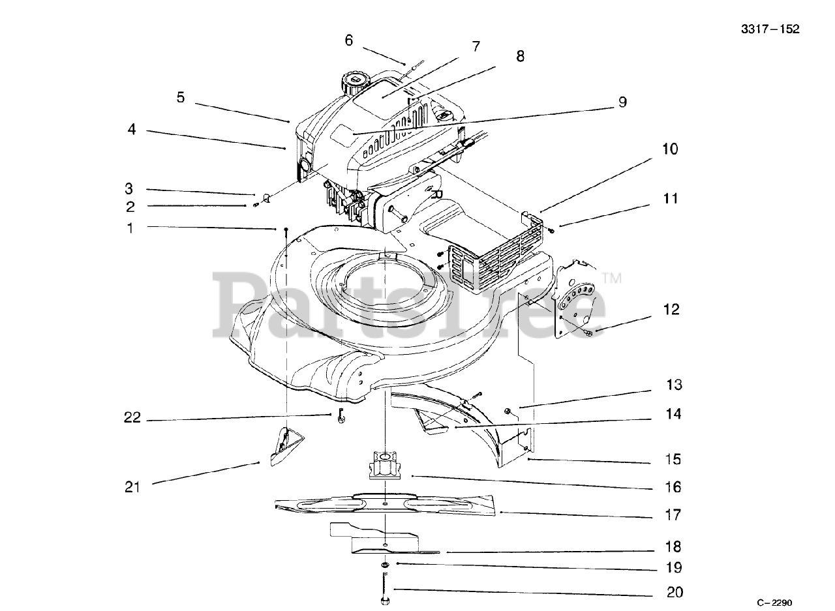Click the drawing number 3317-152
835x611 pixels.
[x=770, y=29]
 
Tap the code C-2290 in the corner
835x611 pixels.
[x=779, y=603]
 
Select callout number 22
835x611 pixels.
[x=132, y=418]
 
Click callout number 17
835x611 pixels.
[x=673, y=515]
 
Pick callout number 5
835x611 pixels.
[x=181, y=98]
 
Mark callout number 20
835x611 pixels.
[x=675, y=592]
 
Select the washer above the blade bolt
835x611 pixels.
[x=385, y=563]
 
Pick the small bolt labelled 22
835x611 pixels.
[x=341, y=416]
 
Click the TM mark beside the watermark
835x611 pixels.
[x=612, y=278]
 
